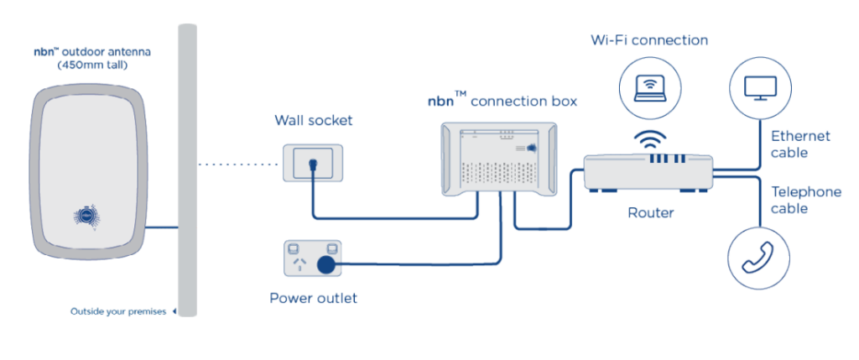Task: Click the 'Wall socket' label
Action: coord(314,121)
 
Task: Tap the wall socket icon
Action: coord(314,161)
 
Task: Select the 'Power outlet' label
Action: coord(313,298)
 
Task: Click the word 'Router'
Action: coord(650,213)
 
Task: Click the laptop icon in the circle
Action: coord(649,85)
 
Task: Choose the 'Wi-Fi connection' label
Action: coord(649,40)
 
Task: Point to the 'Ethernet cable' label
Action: coord(800,144)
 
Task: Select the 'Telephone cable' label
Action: coord(805,201)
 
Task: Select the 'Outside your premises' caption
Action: coord(118,312)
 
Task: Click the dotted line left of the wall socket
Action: coord(238,164)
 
